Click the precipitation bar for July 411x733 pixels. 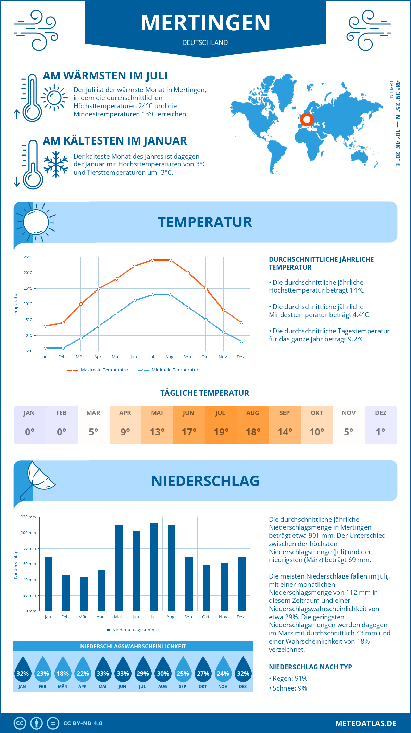tap(154, 567)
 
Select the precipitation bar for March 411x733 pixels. tap(84, 594)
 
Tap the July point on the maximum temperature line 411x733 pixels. tap(152, 260)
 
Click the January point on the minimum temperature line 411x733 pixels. tap(45, 348)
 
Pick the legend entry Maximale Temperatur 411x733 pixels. tap(98, 370)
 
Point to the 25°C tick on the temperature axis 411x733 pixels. tap(28, 257)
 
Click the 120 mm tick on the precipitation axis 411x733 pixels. tap(28, 517)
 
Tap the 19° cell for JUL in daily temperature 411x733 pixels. tap(221, 432)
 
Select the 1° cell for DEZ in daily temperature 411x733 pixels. tap(381, 432)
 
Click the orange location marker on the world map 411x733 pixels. tap(307, 120)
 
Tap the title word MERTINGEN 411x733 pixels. tap(206, 23)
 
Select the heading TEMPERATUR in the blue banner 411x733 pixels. tap(205, 222)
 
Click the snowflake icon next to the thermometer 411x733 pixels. tap(56, 164)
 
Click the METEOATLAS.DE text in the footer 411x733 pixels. tap(366, 723)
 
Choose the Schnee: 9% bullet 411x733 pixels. tap(288, 688)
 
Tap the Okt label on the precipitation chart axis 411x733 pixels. tap(206, 617)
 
